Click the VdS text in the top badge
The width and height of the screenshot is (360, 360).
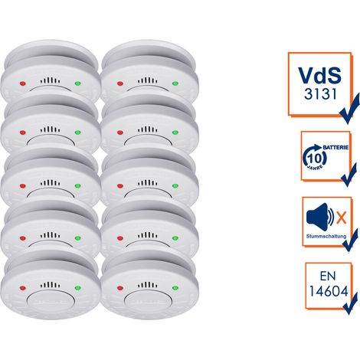point(319,74)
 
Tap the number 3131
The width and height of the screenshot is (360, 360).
point(320,94)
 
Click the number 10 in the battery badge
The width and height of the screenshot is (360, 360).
point(314,159)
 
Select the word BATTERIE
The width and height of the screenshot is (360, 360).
point(335,148)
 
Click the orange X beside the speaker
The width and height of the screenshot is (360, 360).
point(342,218)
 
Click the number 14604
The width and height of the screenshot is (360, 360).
point(329,291)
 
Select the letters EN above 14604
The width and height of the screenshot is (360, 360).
point(328,276)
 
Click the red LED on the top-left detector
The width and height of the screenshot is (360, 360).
point(23,83)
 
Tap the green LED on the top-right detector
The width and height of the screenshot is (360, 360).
point(175,83)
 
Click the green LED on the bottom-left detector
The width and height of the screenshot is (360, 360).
point(77,288)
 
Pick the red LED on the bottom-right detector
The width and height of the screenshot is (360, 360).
point(120,288)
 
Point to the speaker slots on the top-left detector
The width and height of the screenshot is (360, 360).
point(51,80)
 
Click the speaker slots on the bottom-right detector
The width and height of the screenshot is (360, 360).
point(148,285)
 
